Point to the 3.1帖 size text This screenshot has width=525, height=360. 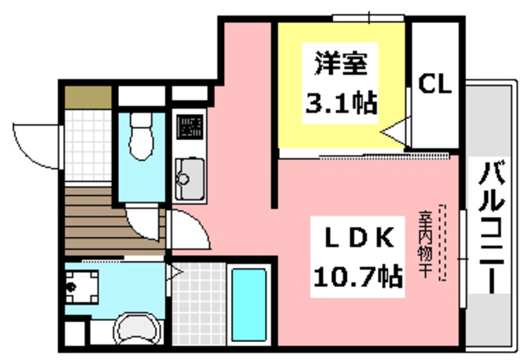[x=340, y=103]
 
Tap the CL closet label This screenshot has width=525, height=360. [x=435, y=83]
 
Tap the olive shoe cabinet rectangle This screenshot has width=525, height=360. [x=83, y=95]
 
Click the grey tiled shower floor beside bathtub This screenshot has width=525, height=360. [x=199, y=303]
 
